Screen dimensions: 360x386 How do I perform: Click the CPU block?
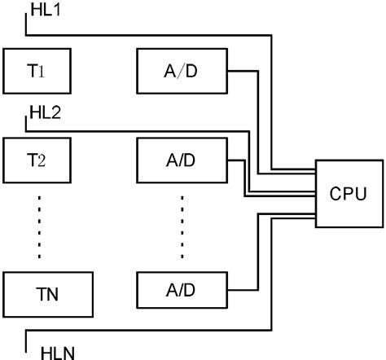pyautogui.click(x=348, y=194)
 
